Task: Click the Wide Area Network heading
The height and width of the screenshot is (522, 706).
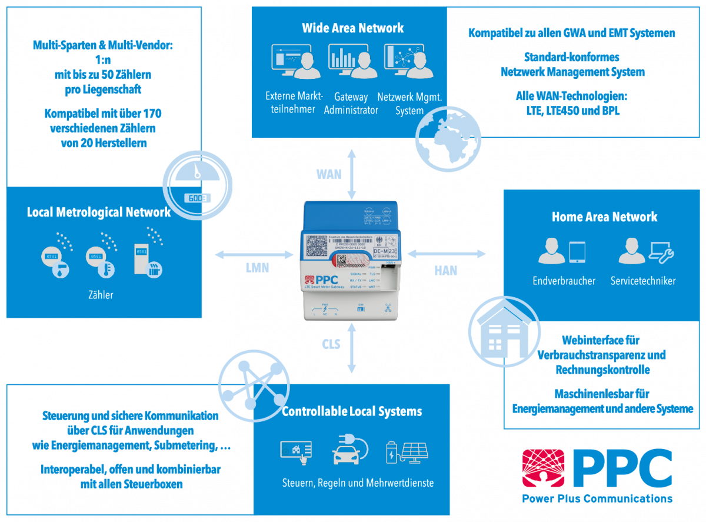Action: coord(353,28)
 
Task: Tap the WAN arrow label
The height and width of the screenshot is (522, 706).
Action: coord(328,174)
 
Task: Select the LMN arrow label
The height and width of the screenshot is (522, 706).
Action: coord(257,267)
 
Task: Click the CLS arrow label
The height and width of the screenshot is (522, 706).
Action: coord(331,344)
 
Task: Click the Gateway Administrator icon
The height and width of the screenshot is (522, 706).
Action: coord(352,61)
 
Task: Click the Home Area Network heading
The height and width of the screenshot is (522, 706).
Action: coord(604,217)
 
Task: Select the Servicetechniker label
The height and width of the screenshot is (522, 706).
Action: coord(643,281)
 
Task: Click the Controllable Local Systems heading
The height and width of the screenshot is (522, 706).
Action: coord(352,411)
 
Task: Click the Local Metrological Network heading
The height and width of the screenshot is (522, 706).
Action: coord(99,212)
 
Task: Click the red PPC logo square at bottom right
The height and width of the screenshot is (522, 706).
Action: coord(543,469)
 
